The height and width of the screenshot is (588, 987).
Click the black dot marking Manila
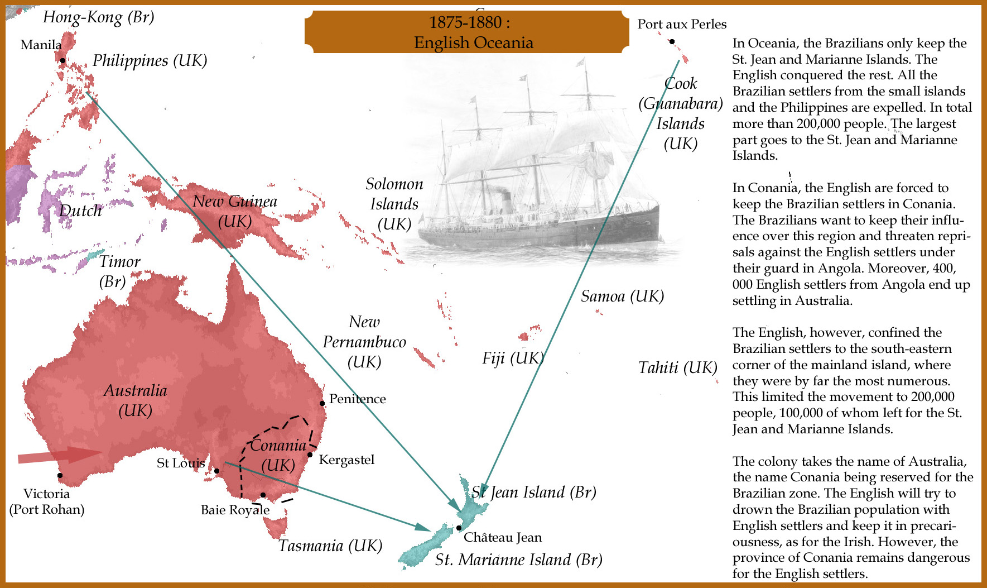pos(63,60)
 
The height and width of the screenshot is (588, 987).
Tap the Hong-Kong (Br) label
pos(98,17)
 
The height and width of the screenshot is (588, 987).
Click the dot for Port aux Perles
pos(672,41)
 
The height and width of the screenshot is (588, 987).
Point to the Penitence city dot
pos(322,403)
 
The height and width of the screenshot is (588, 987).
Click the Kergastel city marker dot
pos(310,455)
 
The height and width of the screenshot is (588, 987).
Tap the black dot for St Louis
pos(217,471)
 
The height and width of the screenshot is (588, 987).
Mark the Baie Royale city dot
pos(263,495)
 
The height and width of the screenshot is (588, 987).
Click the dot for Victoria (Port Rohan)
pos(60,476)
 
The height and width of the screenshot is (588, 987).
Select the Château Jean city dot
pos(459,528)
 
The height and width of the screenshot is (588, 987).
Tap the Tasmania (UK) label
pos(330,546)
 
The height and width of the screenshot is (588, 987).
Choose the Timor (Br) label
pos(119,271)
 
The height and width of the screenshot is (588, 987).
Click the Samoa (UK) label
pos(622,296)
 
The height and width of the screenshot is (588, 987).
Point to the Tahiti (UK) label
pos(677,367)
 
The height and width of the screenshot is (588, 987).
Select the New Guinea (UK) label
pos(234,211)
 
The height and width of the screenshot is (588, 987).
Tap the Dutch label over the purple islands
pos(80,211)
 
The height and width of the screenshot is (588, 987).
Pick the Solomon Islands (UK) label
pos(394,204)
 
